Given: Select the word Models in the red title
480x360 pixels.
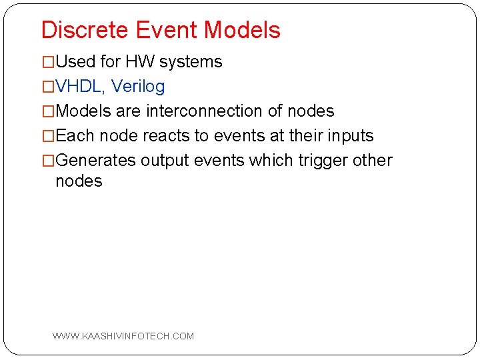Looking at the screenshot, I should [x=243, y=30].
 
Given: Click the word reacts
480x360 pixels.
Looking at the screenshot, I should [x=165, y=136].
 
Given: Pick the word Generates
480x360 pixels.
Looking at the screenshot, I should [x=96, y=161].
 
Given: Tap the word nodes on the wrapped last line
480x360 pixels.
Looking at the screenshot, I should [x=79, y=181].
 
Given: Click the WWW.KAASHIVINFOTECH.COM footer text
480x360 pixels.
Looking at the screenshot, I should [x=123, y=336].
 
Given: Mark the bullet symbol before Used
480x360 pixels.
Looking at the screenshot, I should [x=48, y=62].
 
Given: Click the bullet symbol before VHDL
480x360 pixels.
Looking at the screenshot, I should [x=48, y=87].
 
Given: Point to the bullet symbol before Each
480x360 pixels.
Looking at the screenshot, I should [x=48, y=136].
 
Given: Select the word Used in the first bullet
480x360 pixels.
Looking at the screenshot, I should [x=75, y=62].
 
